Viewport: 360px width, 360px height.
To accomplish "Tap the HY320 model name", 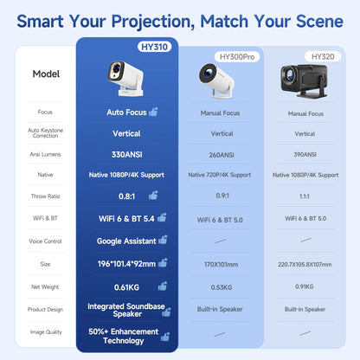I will click(321, 57).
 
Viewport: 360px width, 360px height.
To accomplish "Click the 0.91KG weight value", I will click(305, 286).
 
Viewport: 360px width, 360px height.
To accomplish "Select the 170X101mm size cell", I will click(222, 263).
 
